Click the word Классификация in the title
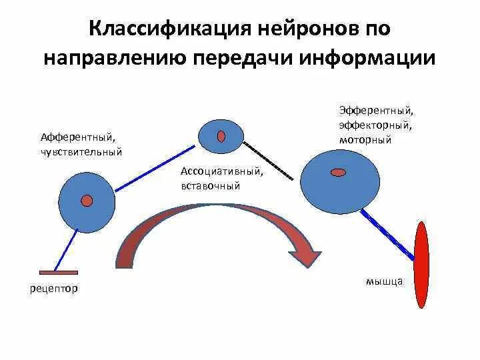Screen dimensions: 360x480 [159, 29]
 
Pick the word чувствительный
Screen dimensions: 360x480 [81, 151]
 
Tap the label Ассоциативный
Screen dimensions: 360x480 [221, 171]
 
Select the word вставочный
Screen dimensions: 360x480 [210, 186]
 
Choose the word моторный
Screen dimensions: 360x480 [365, 140]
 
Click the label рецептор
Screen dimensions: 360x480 [54, 289]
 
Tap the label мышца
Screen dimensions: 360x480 [384, 281]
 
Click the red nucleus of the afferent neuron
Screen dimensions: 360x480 [87, 200]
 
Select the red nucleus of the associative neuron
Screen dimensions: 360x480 [221, 137]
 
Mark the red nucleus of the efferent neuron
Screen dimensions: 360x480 [339, 173]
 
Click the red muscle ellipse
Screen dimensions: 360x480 [421, 265]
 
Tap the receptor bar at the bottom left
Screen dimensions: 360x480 [59, 272]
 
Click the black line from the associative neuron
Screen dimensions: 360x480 [268, 161]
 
